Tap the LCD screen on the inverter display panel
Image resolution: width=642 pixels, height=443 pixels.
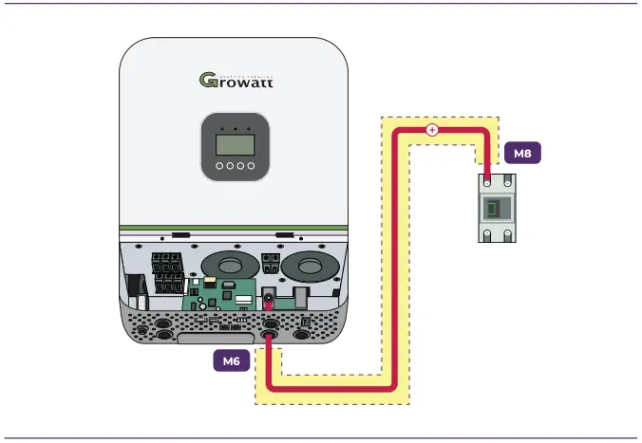click(234, 143)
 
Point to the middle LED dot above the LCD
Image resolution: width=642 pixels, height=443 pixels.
click(234, 127)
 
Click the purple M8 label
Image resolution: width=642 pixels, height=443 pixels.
click(521, 152)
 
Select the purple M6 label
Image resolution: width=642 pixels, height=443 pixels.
click(231, 360)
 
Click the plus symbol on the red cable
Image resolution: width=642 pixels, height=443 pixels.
click(432, 130)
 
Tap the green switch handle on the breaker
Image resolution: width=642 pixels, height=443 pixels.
click(494, 210)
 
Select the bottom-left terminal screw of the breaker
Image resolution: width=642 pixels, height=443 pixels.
click(486, 237)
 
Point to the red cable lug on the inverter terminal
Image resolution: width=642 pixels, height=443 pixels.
click(269, 300)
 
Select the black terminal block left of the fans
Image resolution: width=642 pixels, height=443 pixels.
click(167, 273)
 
